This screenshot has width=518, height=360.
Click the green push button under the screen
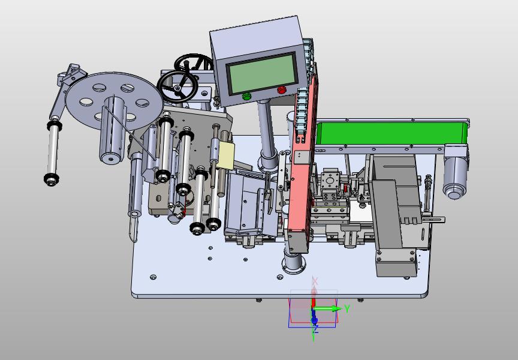tap(246, 97)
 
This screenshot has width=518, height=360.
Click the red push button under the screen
tap(282, 89)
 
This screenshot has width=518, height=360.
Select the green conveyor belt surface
tap(391, 133)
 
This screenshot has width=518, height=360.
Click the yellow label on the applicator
tap(226, 155)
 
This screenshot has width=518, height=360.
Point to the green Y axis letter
tap(347, 309)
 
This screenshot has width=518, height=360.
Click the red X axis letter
tap(315, 281)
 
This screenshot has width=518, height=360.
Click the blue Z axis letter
tap(315, 329)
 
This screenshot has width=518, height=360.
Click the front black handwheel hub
tap(177, 88)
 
